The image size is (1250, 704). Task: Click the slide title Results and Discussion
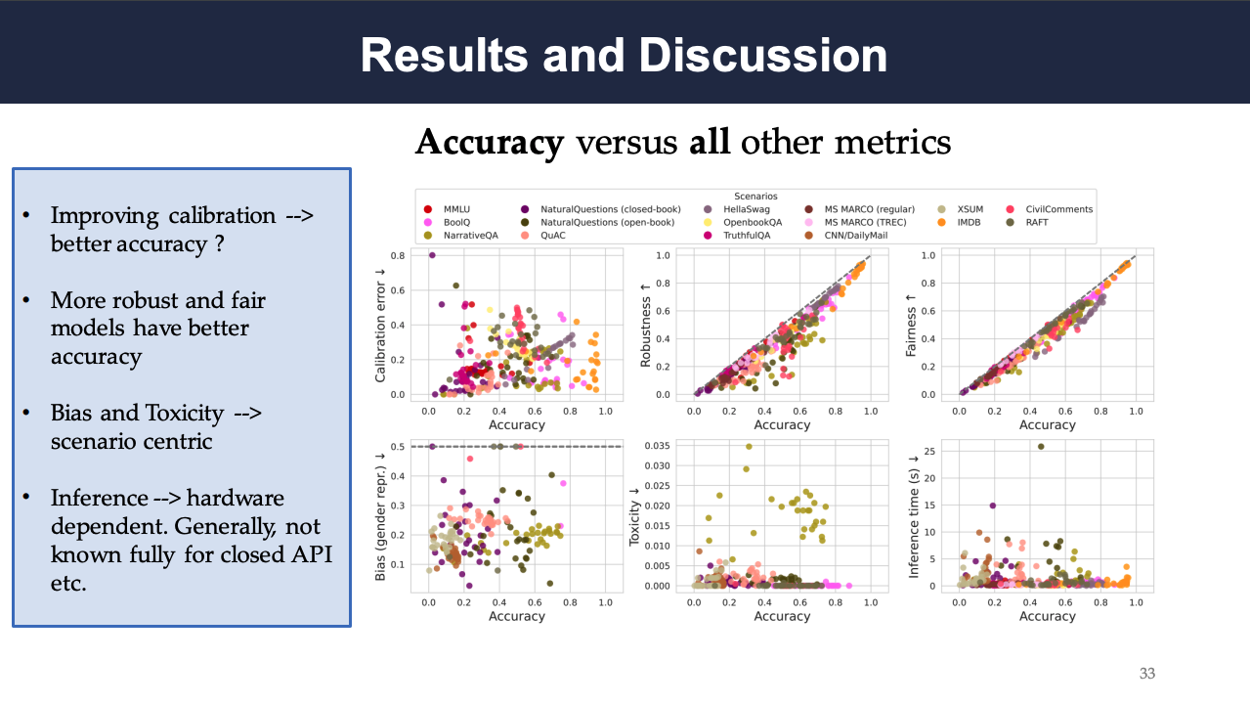point(624,55)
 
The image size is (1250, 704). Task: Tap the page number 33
point(1146,674)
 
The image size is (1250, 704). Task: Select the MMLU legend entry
point(457,209)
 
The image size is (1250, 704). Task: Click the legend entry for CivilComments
point(1058,209)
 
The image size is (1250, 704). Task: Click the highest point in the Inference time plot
point(1040,447)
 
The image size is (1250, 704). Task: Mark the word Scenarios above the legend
point(755,196)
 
